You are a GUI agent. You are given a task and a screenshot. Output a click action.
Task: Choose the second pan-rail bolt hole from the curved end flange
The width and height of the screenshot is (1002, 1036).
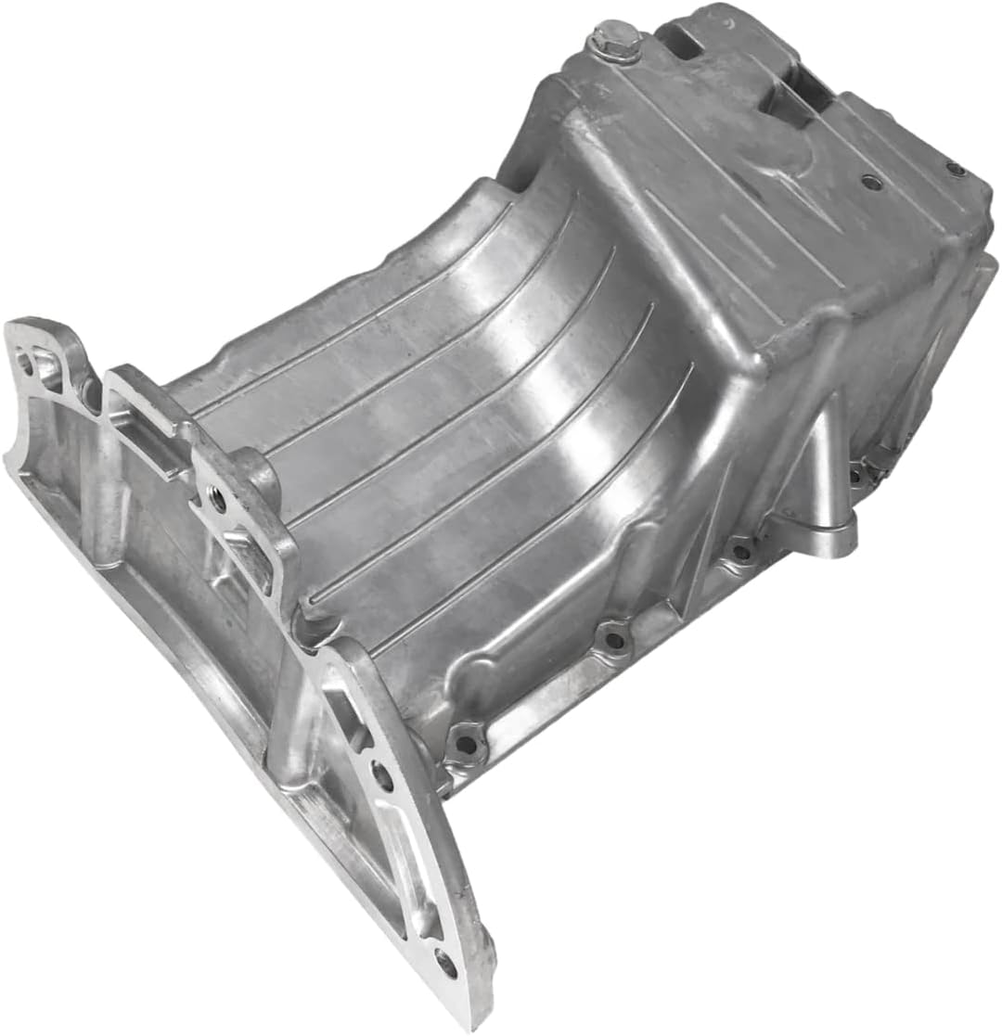(613, 639)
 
